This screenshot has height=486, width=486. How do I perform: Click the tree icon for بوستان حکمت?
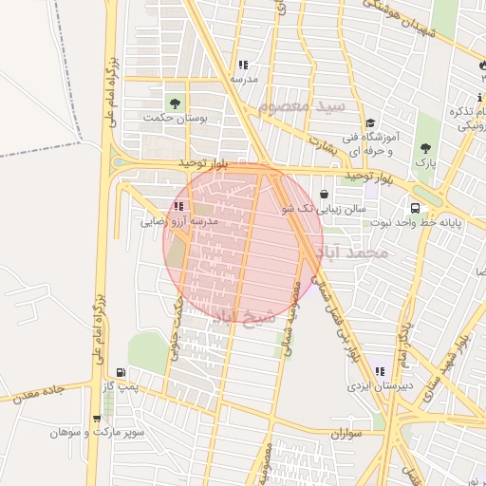[174, 103]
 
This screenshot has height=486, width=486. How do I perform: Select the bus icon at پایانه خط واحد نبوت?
[415, 208]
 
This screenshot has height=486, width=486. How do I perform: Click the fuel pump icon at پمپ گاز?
[121, 372]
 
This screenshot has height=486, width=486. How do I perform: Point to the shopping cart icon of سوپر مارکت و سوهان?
[96, 419]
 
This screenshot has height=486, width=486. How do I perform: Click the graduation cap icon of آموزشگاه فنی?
[371, 122]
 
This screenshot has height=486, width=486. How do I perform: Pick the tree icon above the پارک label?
[424, 147]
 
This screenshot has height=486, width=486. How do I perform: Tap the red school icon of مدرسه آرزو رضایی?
[178, 206]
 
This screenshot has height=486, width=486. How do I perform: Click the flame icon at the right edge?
[482, 66]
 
